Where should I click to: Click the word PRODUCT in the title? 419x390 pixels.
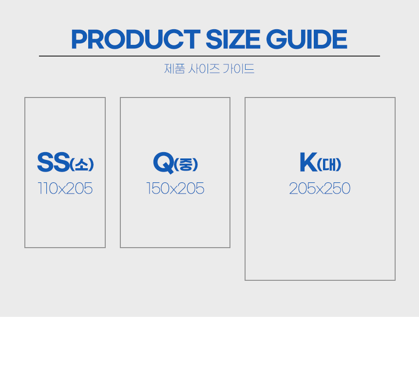136,39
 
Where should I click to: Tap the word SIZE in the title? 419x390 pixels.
233,39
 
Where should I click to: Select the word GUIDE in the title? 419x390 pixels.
306,39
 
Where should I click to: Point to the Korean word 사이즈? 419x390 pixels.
204,69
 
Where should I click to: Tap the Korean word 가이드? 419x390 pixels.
238,69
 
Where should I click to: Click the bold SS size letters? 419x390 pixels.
54,162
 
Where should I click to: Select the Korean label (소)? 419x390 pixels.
82,164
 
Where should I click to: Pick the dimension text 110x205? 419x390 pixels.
65,188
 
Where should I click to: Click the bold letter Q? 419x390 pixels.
164,162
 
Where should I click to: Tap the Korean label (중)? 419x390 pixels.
186,164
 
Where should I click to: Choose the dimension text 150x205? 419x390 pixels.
175,188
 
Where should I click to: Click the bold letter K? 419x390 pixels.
308,162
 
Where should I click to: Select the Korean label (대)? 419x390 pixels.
329,164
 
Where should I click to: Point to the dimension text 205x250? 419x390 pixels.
320,188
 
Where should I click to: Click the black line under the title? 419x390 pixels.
209,56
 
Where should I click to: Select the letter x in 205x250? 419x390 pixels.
320,190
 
